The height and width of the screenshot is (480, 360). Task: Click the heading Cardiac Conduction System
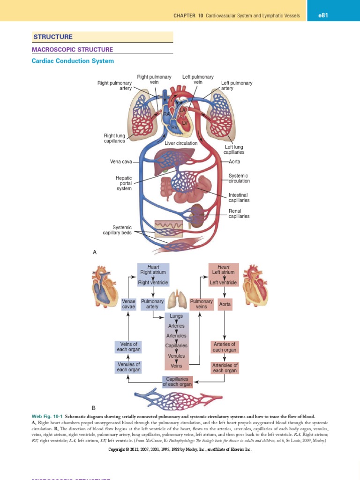(73, 61)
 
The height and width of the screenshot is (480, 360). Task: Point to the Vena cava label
(121, 162)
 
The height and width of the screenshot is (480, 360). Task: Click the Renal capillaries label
(239, 214)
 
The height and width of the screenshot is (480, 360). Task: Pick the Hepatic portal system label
(124, 183)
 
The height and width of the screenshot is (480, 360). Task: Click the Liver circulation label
(181, 143)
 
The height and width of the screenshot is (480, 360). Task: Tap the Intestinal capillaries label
(239, 197)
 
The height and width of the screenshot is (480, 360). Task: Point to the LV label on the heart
(185, 123)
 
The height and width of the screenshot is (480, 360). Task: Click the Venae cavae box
(128, 304)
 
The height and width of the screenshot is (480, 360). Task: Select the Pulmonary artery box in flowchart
(152, 304)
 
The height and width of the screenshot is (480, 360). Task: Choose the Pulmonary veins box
(202, 304)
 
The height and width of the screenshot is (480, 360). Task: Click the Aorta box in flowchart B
(225, 304)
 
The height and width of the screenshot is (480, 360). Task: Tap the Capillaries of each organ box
(177, 382)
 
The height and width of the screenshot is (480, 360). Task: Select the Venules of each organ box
(128, 367)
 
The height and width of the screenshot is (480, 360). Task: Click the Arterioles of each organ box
(225, 368)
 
